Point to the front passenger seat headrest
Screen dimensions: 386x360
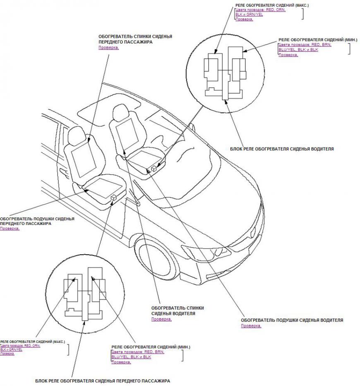76,135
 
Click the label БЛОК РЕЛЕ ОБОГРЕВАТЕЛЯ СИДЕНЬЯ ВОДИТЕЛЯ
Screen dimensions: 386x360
282,148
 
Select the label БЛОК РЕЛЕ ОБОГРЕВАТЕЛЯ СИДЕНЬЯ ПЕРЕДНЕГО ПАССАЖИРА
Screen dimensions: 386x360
102,380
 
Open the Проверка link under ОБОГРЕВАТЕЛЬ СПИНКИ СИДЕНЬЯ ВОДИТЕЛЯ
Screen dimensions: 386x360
161,319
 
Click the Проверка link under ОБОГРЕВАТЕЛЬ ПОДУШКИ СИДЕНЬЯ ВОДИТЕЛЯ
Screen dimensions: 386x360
251,326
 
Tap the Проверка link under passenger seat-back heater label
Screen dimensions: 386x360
108,48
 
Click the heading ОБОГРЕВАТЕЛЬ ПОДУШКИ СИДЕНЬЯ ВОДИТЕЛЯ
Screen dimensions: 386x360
292,320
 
